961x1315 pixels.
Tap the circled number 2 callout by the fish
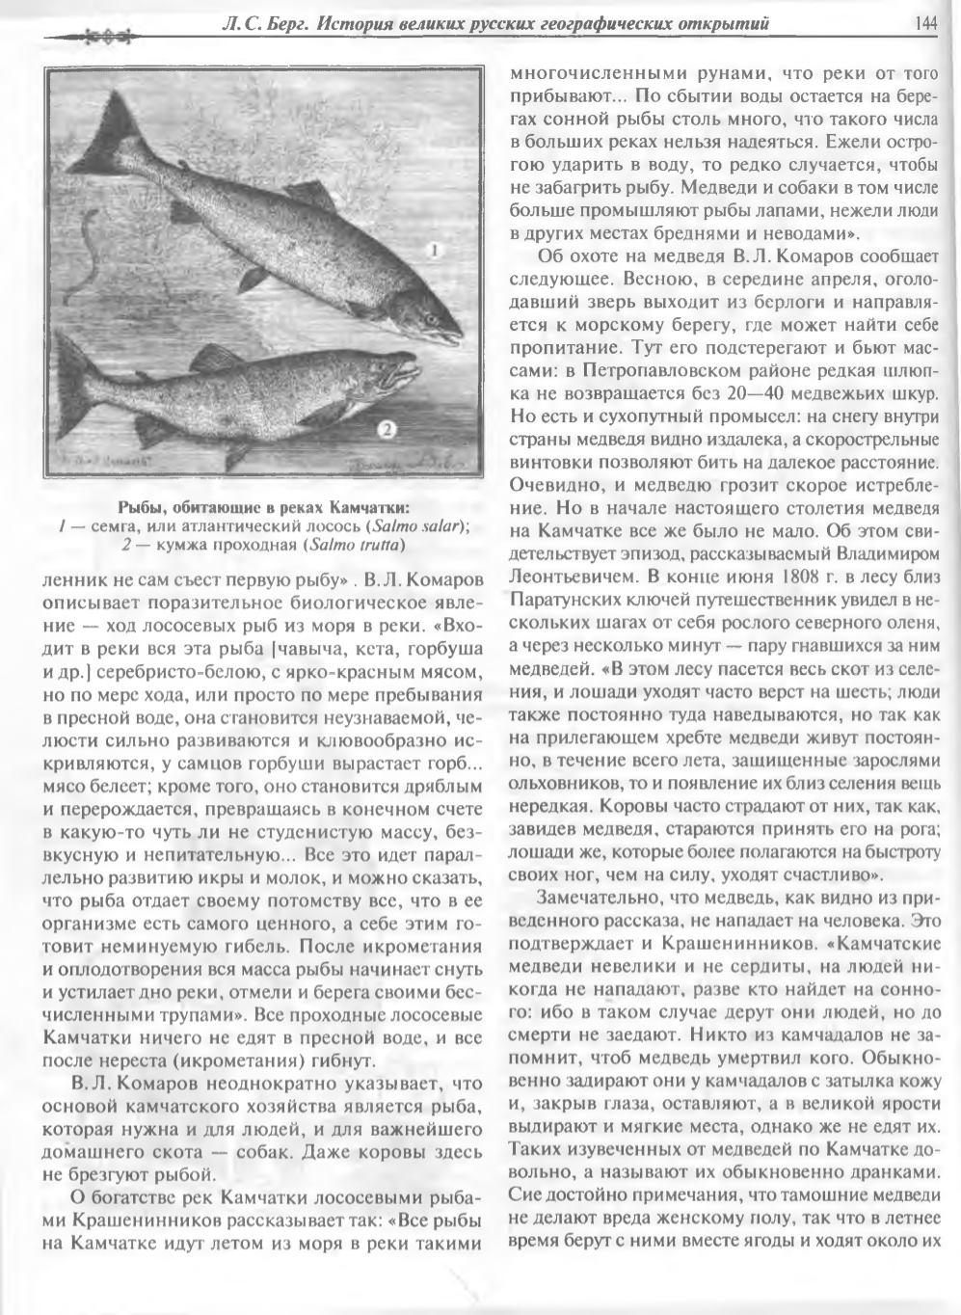click(x=384, y=428)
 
